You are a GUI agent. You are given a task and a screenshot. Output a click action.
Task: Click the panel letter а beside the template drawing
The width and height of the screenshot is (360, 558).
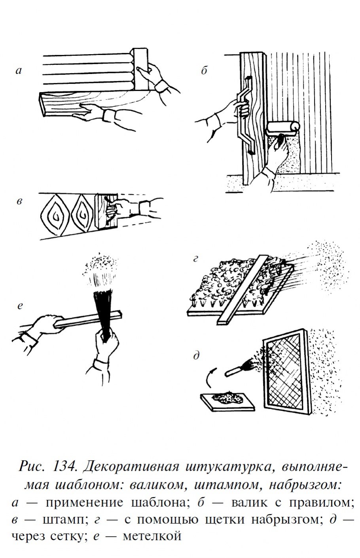[19, 71]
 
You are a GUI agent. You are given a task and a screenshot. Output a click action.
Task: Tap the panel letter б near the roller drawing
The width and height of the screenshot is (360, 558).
[204, 70]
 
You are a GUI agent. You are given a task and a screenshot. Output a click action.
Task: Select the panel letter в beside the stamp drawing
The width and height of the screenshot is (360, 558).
[19, 201]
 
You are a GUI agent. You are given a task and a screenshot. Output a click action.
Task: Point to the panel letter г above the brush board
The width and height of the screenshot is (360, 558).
[195, 259]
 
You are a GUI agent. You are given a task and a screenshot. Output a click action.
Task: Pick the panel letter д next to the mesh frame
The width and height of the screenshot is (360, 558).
[197, 356]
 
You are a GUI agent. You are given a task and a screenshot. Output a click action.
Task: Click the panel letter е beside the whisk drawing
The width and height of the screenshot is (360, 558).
[20, 306]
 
